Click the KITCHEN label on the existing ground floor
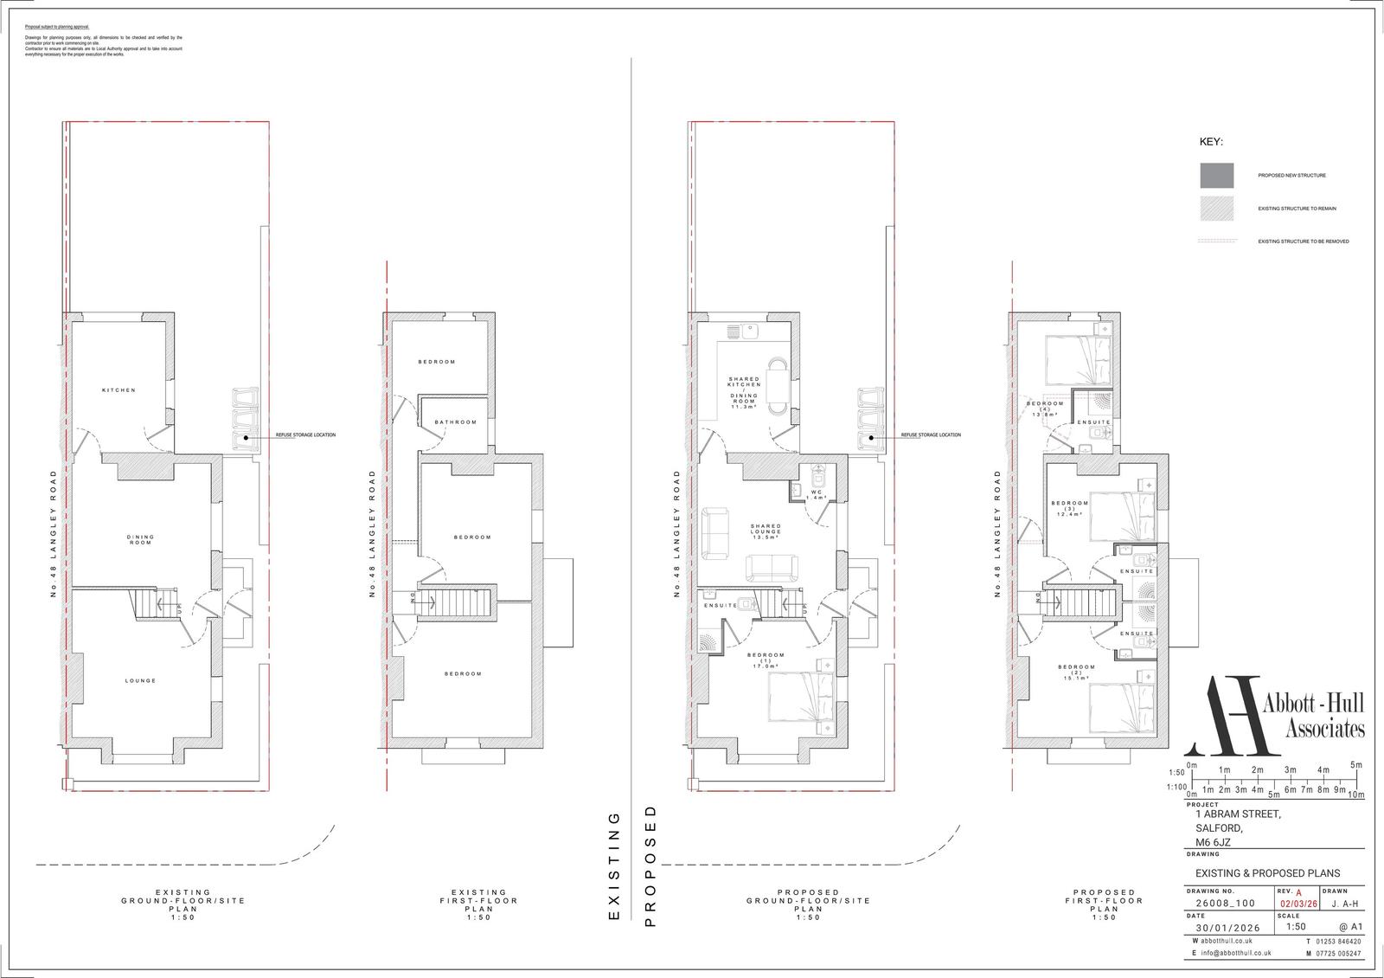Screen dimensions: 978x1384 (119, 390)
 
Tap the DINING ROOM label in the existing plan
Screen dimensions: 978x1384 (140, 540)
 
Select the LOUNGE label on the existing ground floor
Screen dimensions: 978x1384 (140, 681)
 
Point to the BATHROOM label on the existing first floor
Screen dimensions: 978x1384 (456, 422)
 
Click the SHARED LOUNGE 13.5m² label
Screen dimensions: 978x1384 (766, 531)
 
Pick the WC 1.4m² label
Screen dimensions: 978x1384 (816, 495)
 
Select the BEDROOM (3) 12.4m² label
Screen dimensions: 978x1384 (1069, 509)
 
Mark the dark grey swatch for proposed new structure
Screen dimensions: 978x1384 (1216, 176)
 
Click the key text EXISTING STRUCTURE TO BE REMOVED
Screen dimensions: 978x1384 (1303, 241)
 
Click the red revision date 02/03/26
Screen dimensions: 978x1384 (1298, 904)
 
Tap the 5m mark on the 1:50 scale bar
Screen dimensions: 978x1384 (1355, 766)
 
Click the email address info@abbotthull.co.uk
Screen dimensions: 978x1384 (1235, 953)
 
